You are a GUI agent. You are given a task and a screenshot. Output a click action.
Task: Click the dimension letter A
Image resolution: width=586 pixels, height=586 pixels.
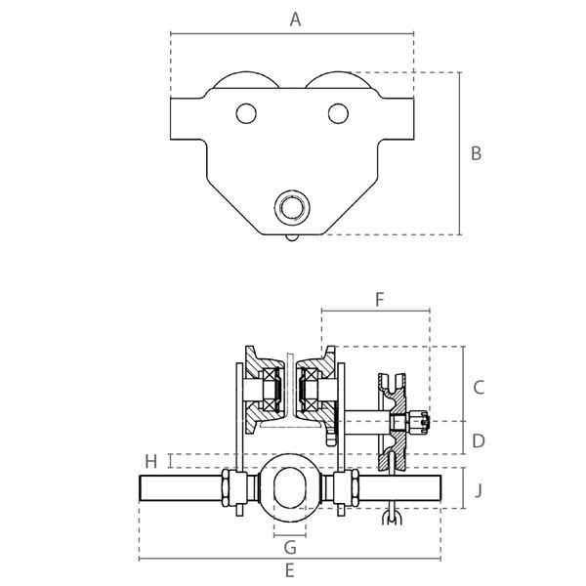click(295, 20)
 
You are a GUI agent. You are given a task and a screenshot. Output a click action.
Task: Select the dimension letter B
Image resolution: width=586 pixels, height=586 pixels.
click(477, 153)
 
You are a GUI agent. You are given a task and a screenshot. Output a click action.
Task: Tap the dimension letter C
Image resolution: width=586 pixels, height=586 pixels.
click(479, 387)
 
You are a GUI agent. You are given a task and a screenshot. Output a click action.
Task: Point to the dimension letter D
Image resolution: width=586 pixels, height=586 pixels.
click(479, 441)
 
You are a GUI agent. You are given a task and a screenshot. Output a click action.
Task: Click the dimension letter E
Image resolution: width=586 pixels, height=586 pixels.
click(290, 571)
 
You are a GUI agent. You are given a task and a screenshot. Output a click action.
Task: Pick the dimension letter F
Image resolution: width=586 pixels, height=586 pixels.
click(380, 300)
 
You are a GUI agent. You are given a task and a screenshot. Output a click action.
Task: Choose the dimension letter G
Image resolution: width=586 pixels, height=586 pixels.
click(290, 548)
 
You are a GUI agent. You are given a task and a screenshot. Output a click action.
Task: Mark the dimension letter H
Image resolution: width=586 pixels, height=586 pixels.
click(151, 462)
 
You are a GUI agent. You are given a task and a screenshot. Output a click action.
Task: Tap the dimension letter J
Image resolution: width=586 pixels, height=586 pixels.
click(479, 490)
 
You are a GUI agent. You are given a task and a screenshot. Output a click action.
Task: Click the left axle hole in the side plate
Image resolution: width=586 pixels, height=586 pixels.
click(246, 113)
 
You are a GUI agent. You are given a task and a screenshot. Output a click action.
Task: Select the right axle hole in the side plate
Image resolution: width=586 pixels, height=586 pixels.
click(338, 113)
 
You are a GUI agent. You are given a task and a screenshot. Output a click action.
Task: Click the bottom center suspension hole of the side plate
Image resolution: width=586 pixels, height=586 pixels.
click(292, 208)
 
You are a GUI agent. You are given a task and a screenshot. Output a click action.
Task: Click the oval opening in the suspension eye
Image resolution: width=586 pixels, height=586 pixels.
click(290, 488)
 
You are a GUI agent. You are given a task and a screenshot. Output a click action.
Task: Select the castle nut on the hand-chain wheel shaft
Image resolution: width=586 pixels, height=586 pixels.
click(419, 422)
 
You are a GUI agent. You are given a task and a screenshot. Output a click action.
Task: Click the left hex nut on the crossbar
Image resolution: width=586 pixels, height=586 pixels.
click(226, 488)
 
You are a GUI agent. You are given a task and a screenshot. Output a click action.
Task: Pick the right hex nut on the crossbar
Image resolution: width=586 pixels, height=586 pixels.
click(355, 488)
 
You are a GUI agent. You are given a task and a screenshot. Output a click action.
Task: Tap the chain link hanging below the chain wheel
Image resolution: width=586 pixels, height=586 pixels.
click(392, 518)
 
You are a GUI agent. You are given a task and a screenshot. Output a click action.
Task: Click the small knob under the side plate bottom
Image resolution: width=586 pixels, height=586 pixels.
click(292, 237)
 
